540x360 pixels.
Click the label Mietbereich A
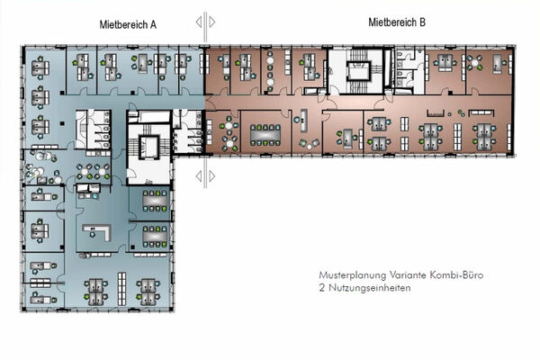pos(128,25)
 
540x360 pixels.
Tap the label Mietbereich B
pos(397,22)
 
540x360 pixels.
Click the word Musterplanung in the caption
pos(353,275)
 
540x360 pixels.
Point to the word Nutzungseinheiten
pos(370,288)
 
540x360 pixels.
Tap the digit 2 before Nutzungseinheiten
pos(322,288)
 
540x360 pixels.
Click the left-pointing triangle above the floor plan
pos(199,22)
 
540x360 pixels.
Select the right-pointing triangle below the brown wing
pos(212,176)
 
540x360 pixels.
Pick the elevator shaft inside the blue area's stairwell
pos(149,147)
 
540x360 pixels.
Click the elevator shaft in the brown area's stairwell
pos(359,70)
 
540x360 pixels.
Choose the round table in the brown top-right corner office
pos(475,63)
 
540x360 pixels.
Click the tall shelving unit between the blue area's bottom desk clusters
pos(121,289)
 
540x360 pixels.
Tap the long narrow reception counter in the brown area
pos(304,121)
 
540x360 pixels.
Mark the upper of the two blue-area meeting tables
pos(155,200)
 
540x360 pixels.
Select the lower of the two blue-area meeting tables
pos(155,237)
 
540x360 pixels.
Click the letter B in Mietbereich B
pos(422,22)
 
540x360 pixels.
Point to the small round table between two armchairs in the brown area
pos(310,147)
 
